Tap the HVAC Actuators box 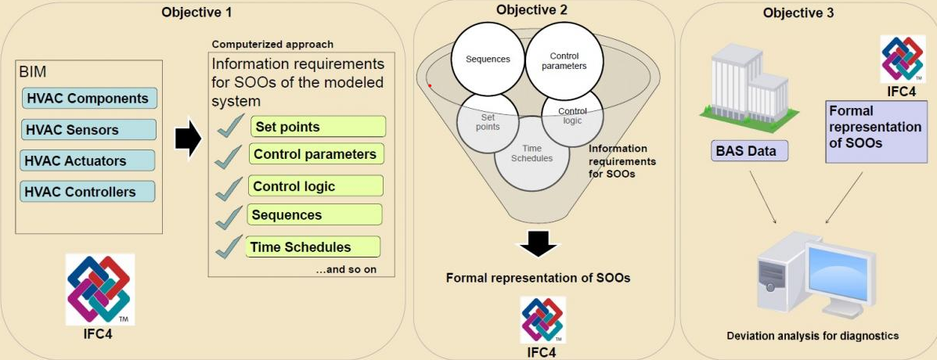(x=88, y=161)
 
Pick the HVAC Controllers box (x=88, y=192)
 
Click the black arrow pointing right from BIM (x=188, y=139)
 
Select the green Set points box (x=318, y=127)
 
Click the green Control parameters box (x=317, y=154)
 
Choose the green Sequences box (x=315, y=215)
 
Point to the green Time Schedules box (x=312, y=247)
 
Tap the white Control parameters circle (x=564, y=62)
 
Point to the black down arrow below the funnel (x=537, y=243)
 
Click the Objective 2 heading (x=532, y=10)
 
